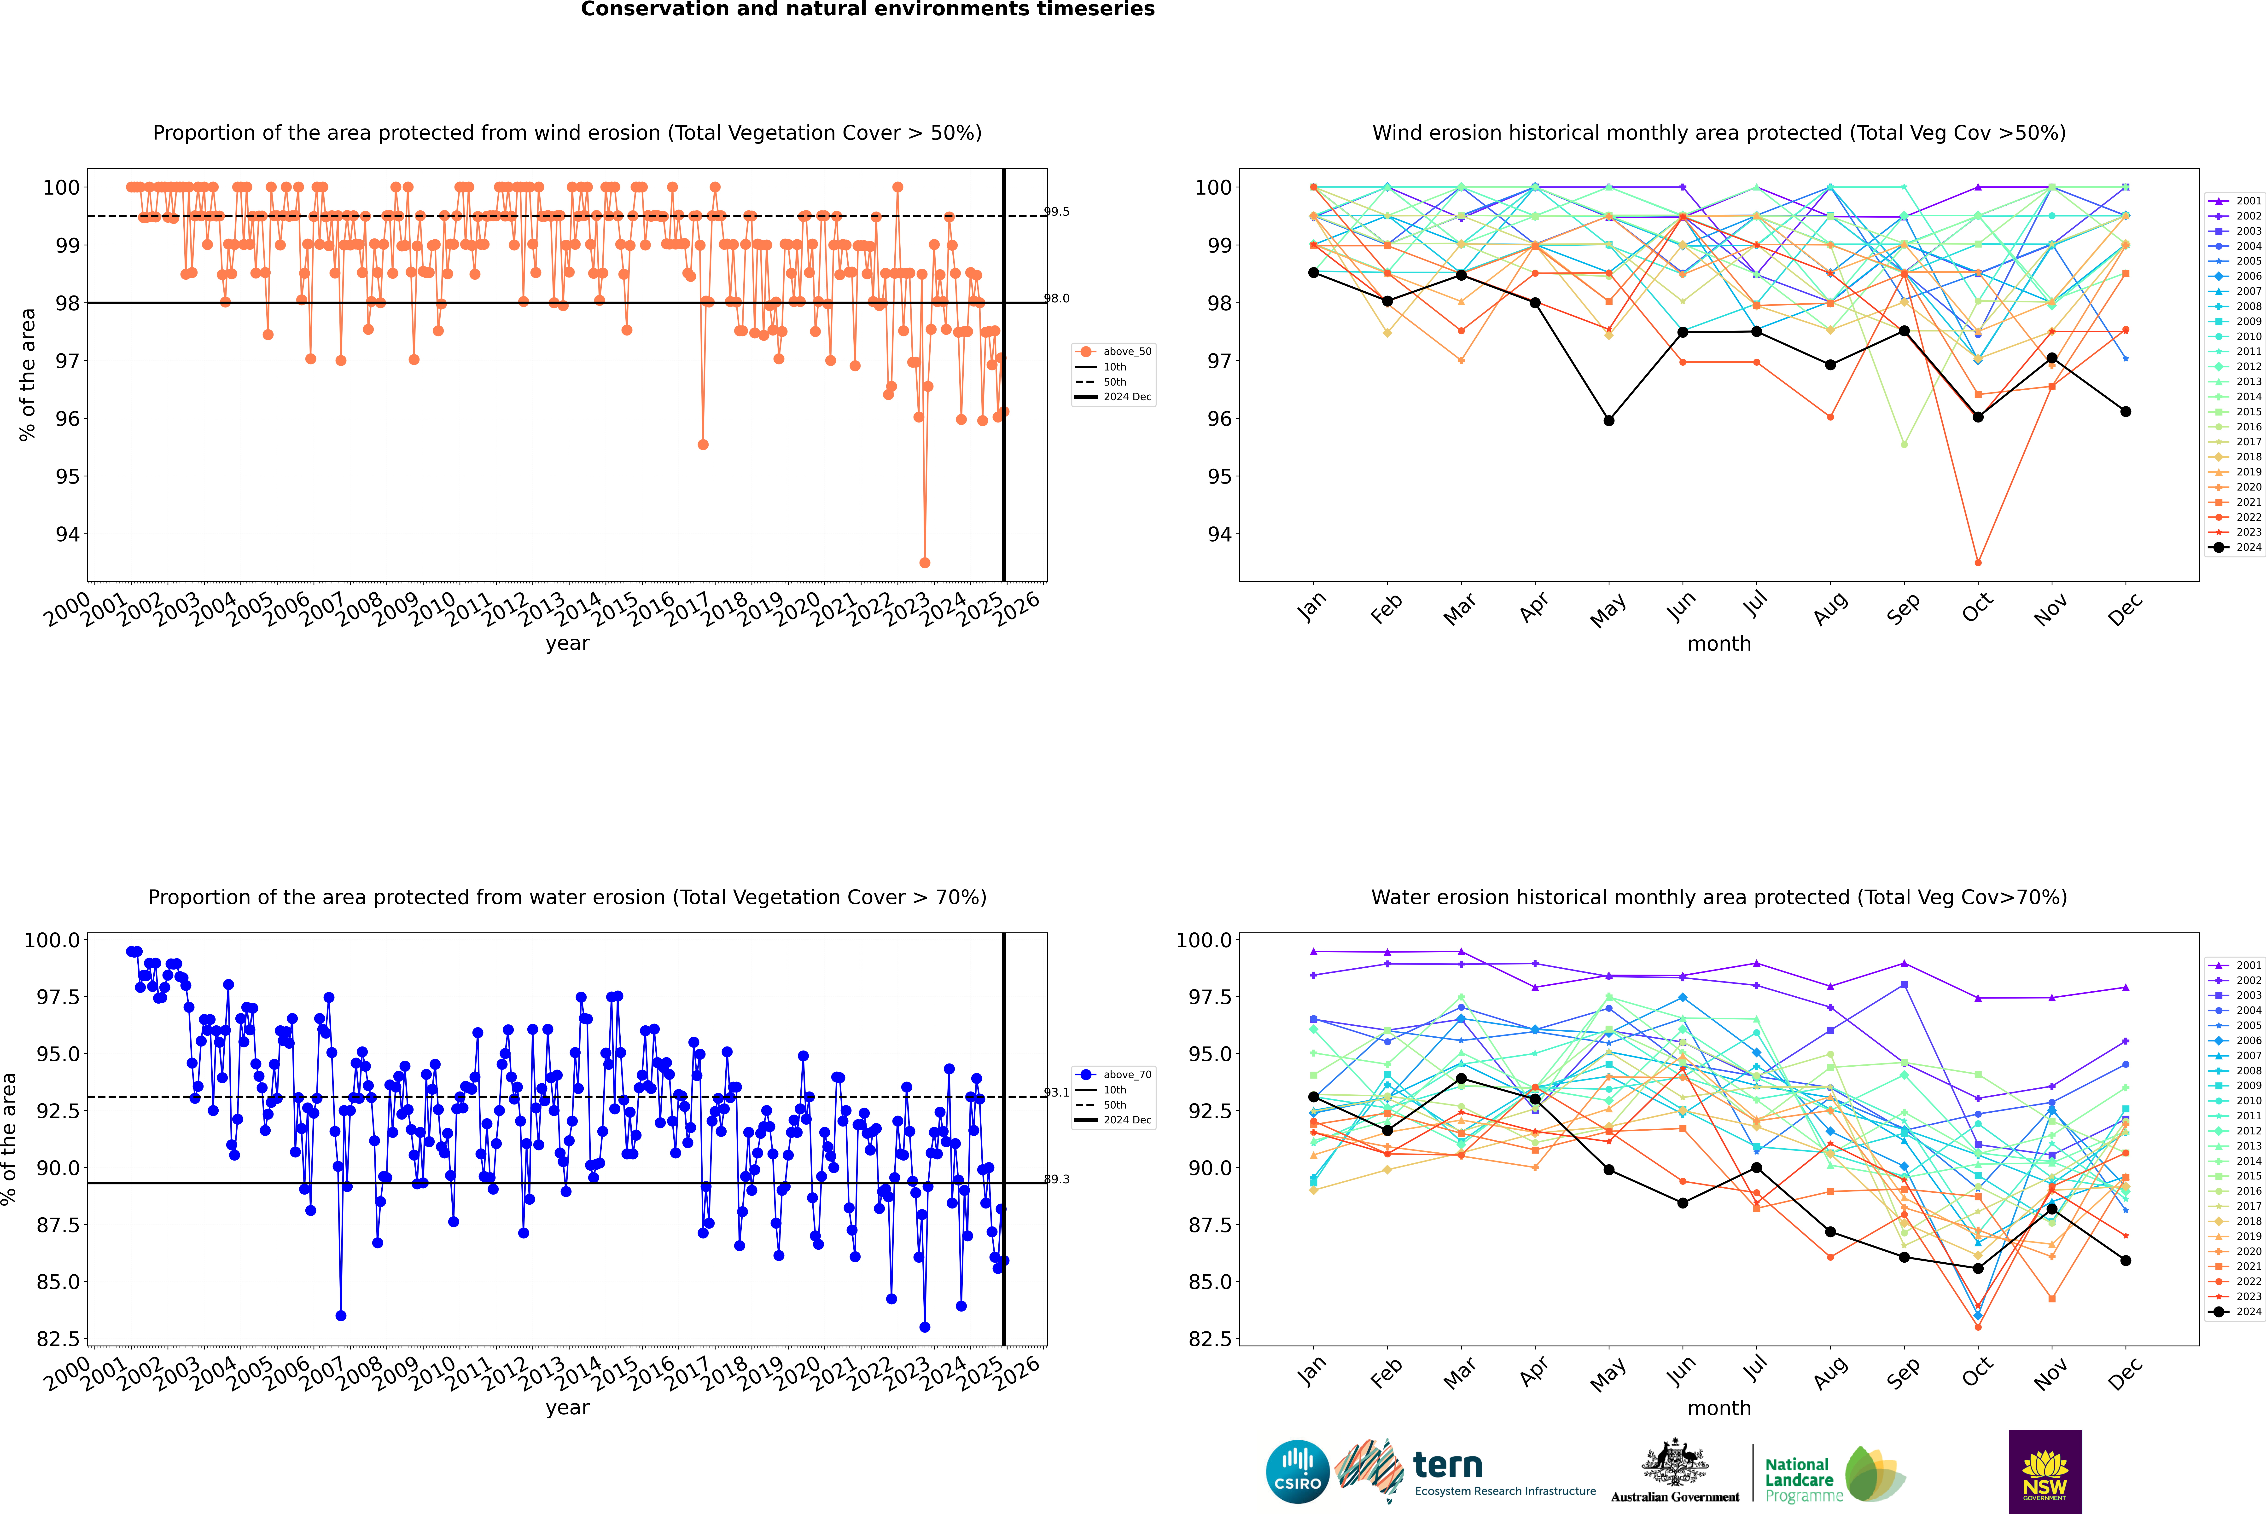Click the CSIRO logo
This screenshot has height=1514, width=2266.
(x=1297, y=1472)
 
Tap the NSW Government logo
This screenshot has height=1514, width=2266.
(x=2045, y=1472)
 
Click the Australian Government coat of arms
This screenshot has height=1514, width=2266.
(x=1675, y=1463)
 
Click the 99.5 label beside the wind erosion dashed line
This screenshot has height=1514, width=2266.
(x=1057, y=211)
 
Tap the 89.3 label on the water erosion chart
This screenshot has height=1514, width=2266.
(x=1057, y=1179)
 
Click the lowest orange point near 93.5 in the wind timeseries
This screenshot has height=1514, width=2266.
(x=924, y=562)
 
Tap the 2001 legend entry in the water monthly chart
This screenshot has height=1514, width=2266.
(x=2235, y=965)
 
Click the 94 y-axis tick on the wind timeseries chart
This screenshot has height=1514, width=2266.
(x=68, y=534)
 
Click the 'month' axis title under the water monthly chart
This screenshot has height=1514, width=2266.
(x=1718, y=1408)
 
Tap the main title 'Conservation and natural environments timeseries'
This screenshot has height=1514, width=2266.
(x=867, y=9)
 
